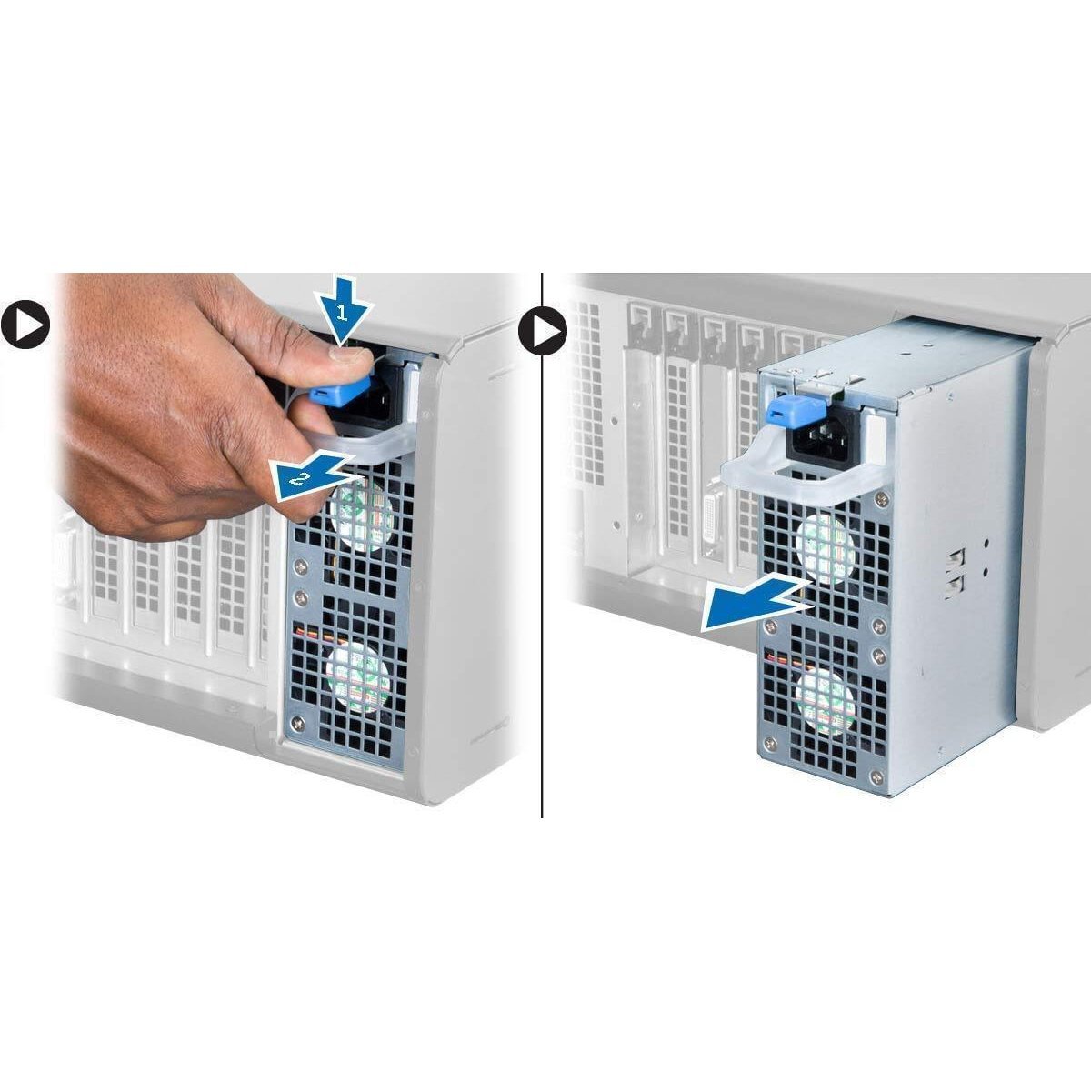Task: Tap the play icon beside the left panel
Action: point(25,323)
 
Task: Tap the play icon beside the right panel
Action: point(543,330)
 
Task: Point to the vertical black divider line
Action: point(543,591)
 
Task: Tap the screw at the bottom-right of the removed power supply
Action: point(875,776)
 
